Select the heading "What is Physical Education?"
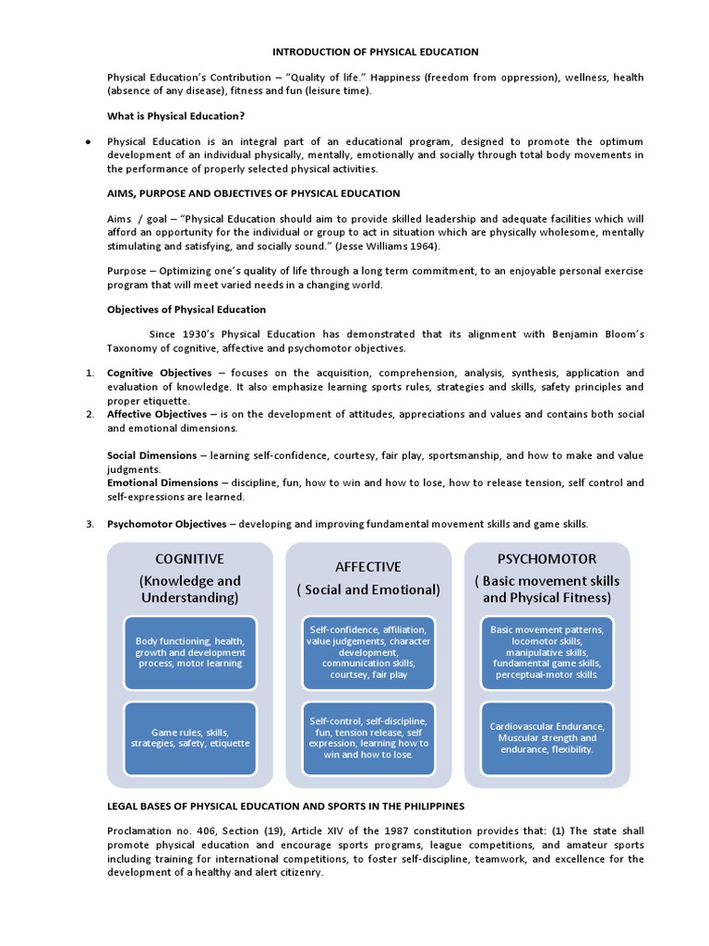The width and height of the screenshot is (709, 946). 176,115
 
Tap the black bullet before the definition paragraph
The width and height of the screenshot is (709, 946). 87,142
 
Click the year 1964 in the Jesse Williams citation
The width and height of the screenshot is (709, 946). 421,247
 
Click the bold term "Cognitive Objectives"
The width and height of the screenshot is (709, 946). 160,373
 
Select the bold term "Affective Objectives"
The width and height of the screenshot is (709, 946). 157,415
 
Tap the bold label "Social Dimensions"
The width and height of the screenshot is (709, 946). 151,455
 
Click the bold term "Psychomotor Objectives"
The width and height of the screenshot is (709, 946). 167,524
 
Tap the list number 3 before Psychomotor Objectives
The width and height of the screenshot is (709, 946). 90,524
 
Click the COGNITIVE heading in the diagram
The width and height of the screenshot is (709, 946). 189,559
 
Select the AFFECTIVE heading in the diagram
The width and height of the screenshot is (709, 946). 368,566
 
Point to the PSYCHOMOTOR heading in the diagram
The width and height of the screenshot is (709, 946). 547,559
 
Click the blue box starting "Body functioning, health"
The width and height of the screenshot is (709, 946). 189,651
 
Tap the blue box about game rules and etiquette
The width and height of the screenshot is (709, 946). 189,737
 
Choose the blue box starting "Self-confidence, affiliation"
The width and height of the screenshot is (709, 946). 368,651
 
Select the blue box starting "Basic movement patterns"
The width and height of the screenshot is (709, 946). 547,651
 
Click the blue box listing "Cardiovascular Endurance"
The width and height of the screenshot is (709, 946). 547,737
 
